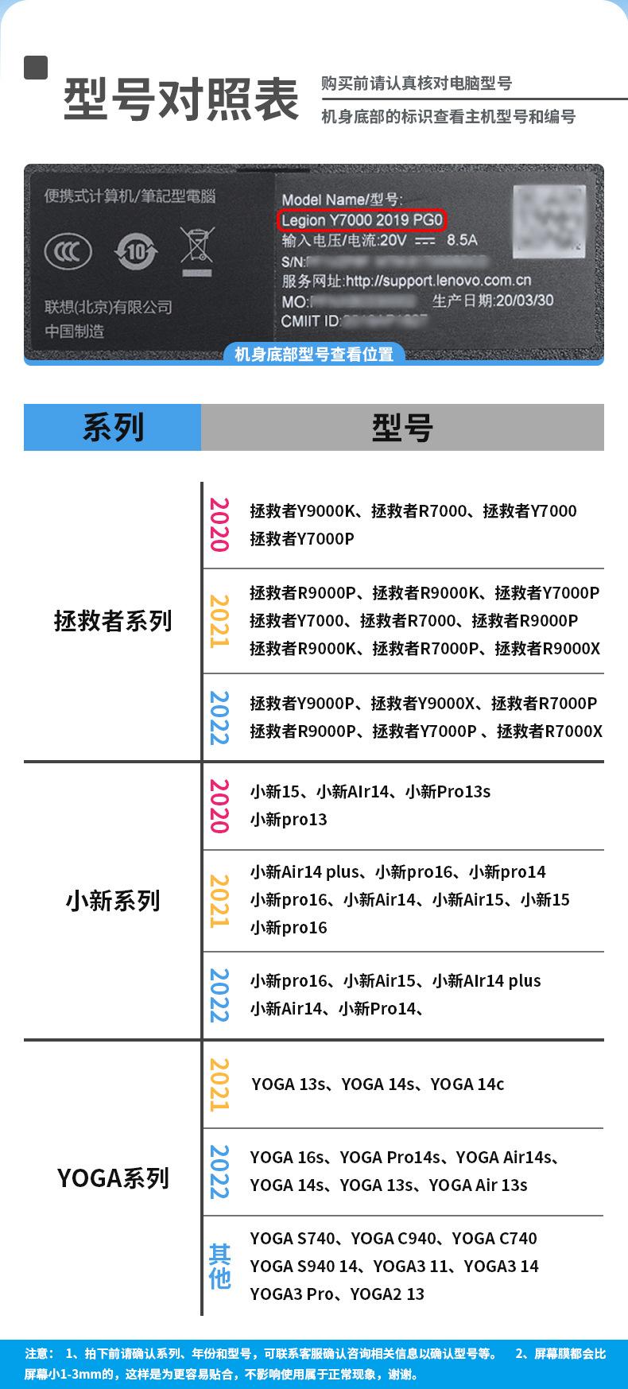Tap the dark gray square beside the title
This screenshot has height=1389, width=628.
coord(36,68)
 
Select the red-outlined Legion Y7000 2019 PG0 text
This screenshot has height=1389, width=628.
coord(362,220)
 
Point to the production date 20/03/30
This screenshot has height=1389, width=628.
coord(524,301)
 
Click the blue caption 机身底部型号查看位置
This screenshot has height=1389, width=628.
coord(314,354)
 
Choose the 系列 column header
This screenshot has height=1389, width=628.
coord(113,428)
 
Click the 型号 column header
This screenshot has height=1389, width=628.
coord(402,428)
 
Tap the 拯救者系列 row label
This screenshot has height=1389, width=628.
coord(113,620)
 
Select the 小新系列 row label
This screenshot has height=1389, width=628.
coord(113,900)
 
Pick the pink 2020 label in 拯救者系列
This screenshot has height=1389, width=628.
coord(219,525)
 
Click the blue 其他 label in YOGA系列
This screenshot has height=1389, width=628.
coord(219,1266)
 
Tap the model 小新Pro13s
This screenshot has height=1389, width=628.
coord(448,791)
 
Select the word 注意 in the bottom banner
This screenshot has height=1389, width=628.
coord(39,1353)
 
